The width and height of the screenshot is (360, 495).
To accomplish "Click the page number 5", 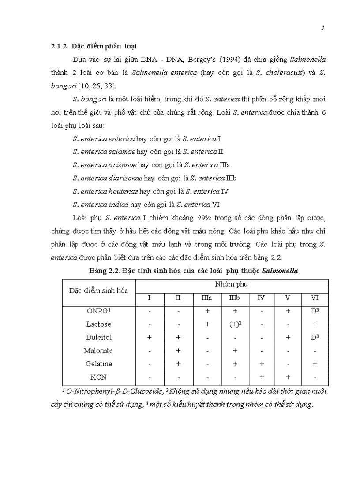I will [x=323, y=27].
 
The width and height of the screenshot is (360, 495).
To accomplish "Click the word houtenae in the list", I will [x=123, y=191].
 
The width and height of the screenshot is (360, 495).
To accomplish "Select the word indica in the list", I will [x=118, y=205].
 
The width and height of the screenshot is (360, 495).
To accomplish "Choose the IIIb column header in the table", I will [x=234, y=298].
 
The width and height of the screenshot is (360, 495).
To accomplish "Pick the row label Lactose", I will [x=99, y=324].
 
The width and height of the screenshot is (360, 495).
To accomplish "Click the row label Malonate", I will [x=98, y=350].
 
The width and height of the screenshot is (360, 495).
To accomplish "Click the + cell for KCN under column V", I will [x=288, y=377].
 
